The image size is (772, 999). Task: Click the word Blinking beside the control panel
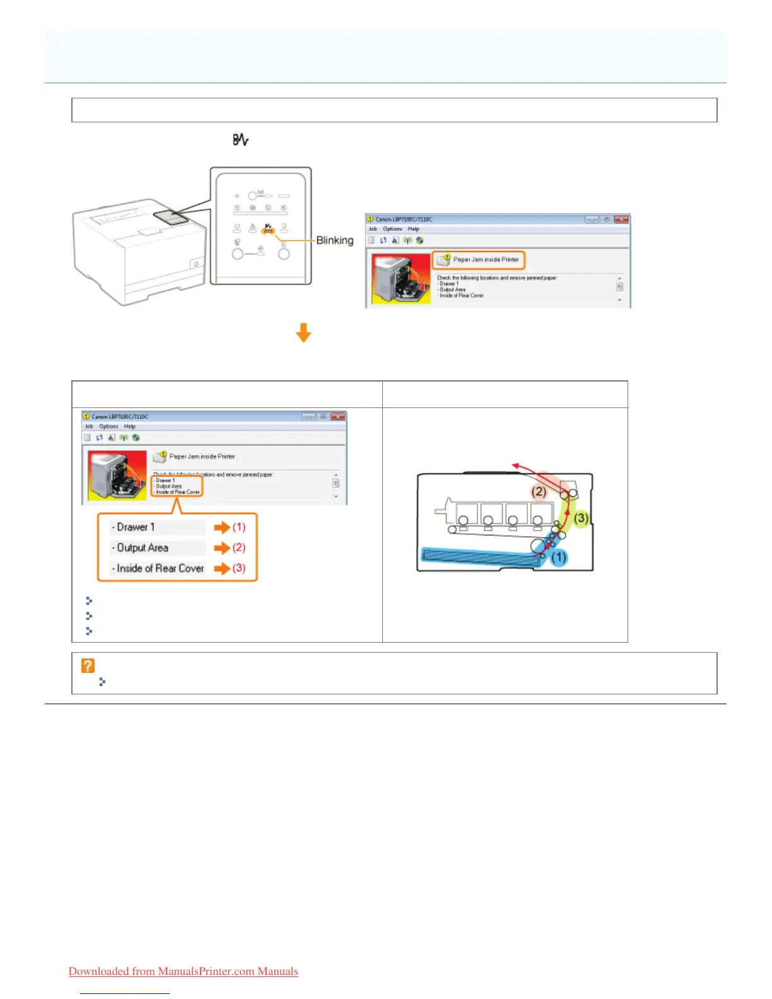point(335,240)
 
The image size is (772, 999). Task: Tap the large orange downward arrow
point(303,332)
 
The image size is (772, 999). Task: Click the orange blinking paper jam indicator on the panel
point(269,230)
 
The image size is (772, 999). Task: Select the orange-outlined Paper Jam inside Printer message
point(479,260)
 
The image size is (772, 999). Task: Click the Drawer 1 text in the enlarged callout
point(136,527)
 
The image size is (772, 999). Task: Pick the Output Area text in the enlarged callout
point(143,548)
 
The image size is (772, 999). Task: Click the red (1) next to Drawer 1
point(238,527)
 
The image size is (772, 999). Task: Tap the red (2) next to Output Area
point(238,548)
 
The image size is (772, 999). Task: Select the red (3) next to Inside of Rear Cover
point(238,568)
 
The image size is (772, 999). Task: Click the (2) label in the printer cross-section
point(538,491)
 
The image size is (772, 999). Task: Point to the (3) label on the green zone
point(580,518)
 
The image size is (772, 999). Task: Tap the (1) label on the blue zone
point(559,558)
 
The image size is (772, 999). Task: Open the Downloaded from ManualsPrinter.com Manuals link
point(183,971)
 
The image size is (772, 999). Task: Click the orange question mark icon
point(88,665)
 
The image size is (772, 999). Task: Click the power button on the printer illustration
point(196,264)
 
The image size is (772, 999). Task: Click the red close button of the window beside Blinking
point(621,219)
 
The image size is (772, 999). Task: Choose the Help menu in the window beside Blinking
point(413,229)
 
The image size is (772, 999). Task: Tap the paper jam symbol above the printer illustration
point(240,139)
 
